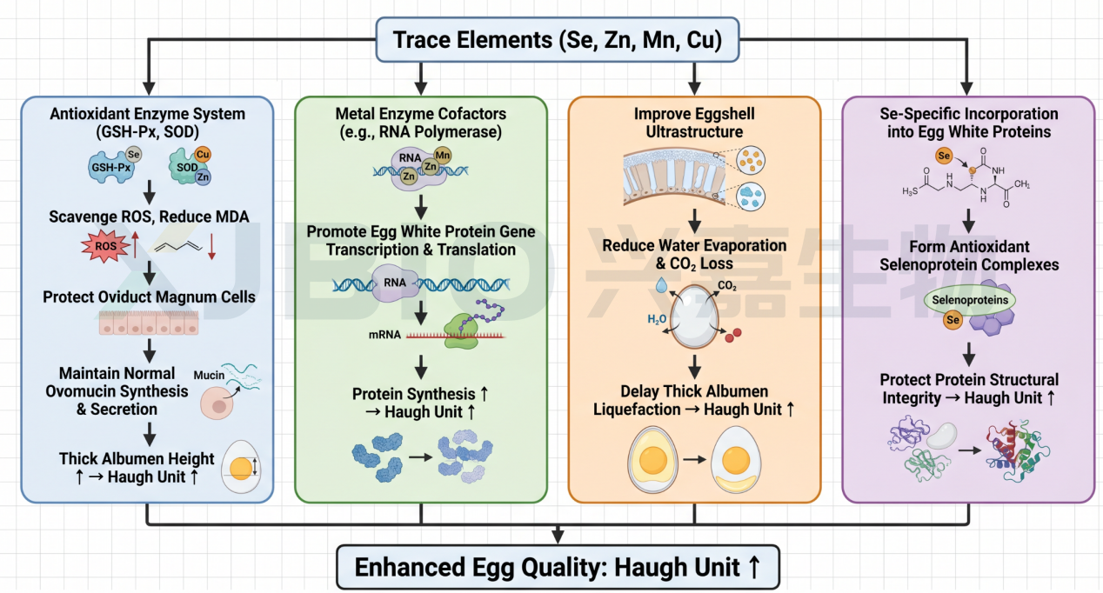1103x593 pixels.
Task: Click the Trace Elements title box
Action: click(558, 40)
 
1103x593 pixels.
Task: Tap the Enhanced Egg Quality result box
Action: click(558, 567)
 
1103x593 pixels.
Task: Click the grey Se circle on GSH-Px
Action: click(133, 155)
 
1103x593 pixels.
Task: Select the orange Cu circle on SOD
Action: click(203, 155)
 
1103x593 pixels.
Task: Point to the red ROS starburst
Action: click(105, 245)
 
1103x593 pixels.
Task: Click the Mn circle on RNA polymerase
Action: click(443, 156)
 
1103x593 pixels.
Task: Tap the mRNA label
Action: click(384, 335)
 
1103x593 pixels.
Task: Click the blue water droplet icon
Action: click(661, 284)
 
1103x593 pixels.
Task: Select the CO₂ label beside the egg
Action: click(727, 286)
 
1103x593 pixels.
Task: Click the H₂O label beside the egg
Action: click(657, 320)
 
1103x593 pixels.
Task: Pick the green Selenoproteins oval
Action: click(969, 300)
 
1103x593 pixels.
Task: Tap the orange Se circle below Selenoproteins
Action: click(953, 320)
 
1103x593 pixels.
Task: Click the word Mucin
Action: click(209, 375)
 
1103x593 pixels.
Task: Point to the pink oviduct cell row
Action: click(149, 323)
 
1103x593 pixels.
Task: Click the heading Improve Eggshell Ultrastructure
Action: click(694, 123)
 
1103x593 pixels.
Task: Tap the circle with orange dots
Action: click(751, 161)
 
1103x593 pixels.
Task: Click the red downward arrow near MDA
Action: click(211, 247)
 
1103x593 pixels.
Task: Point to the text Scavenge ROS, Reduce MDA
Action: click(149, 217)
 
